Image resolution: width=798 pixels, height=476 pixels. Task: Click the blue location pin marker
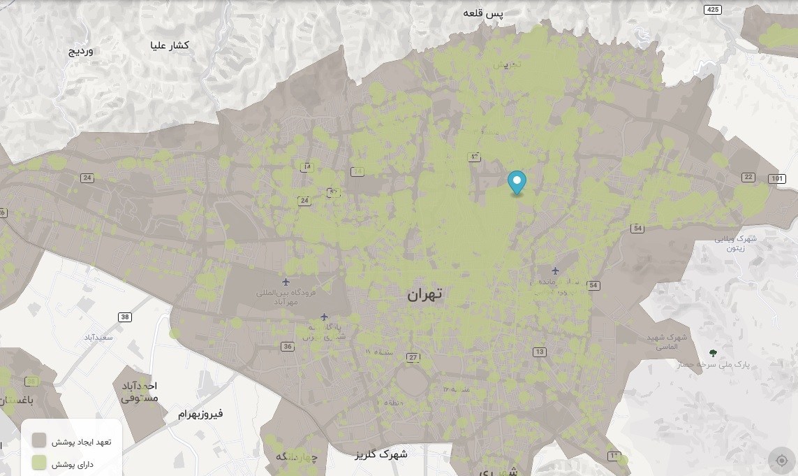(517, 182)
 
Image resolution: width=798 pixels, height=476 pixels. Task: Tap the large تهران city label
(424, 294)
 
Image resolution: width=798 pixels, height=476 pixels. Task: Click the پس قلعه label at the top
(485, 13)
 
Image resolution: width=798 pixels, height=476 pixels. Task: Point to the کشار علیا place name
(170, 45)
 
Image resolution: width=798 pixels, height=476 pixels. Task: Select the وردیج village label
(80, 52)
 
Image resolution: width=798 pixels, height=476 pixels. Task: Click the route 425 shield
(712, 9)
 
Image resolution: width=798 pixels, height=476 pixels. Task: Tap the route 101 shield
(776, 179)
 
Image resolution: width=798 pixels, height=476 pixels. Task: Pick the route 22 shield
(748, 177)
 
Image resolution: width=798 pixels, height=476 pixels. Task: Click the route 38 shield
(125, 317)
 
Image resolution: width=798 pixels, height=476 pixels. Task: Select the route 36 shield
(288, 347)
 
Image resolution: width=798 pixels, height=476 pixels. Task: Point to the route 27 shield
(413, 358)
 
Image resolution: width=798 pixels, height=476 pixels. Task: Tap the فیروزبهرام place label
(200, 414)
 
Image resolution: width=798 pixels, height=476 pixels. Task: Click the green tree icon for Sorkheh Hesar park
(712, 353)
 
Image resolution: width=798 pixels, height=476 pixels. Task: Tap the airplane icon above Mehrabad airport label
(286, 282)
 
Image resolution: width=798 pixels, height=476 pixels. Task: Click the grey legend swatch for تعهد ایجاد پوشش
(40, 440)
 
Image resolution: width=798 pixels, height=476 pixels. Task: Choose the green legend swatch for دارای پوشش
(40, 463)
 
